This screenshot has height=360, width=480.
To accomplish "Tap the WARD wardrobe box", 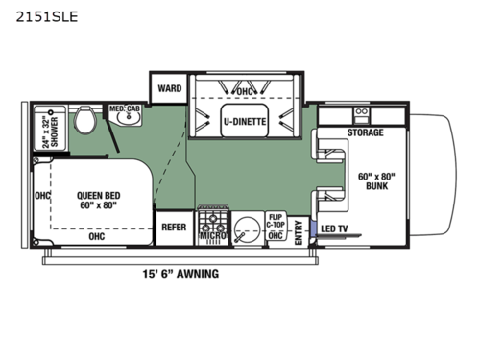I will [169, 88].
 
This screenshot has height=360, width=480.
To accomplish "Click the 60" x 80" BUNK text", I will [376, 181].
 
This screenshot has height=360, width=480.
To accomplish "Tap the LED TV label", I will [335, 228].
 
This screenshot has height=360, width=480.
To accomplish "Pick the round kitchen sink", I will [247, 230].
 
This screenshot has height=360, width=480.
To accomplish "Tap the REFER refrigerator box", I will [174, 228].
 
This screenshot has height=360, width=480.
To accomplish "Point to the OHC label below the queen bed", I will [97, 234].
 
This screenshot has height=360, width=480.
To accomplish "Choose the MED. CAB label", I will [124, 108].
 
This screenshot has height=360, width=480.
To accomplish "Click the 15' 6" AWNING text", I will [180, 274].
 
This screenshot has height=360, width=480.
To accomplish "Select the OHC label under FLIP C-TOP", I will [276, 235].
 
